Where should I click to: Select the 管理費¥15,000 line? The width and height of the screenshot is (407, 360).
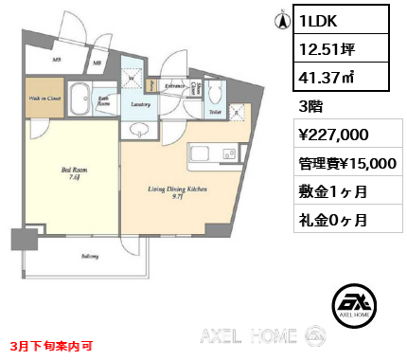(x=346, y=163)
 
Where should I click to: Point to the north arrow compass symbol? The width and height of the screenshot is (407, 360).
(x=280, y=19)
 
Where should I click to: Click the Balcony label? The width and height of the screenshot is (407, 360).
(x=89, y=256)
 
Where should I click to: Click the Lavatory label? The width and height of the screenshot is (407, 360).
(x=143, y=106)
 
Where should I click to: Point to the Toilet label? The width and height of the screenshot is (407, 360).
(x=215, y=112)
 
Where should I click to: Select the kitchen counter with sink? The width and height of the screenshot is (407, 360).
(x=212, y=154)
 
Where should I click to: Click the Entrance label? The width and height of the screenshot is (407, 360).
(x=175, y=86)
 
